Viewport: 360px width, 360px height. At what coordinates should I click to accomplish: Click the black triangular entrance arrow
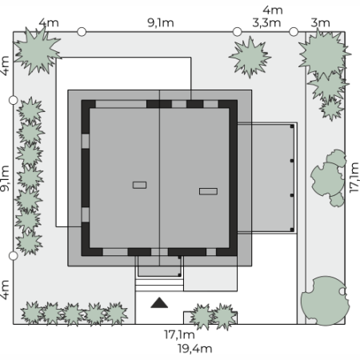[159, 303]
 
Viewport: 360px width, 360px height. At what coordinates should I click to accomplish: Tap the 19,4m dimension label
[195, 349]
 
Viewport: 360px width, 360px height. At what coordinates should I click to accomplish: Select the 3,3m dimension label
[266, 23]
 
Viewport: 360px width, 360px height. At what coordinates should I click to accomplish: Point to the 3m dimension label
[320, 22]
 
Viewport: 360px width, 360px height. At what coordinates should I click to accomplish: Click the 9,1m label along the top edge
[161, 23]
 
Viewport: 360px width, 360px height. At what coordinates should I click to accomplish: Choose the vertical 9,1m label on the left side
[5, 178]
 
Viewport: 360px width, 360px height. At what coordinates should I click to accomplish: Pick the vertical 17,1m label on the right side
[354, 178]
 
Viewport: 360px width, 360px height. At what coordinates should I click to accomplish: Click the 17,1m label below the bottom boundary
[179, 334]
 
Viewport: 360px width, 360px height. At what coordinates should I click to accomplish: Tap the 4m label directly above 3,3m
[273, 10]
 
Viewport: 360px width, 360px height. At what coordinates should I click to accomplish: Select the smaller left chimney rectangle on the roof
[139, 185]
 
